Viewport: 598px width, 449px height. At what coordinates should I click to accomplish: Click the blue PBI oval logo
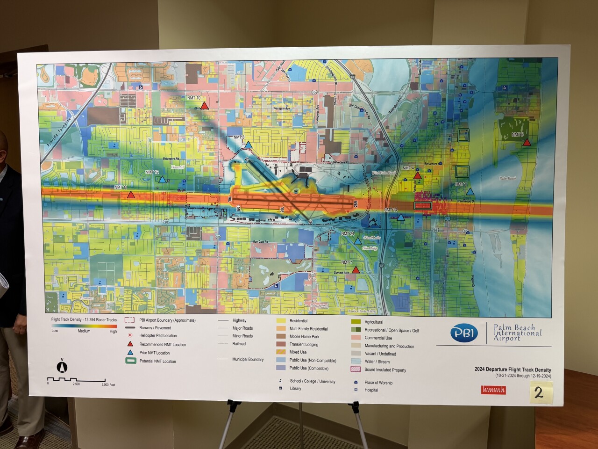464,333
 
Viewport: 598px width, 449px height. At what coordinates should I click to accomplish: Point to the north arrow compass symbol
62,367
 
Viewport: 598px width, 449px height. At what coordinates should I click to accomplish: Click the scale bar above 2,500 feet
76,379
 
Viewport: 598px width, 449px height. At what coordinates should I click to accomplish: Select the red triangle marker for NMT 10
204,105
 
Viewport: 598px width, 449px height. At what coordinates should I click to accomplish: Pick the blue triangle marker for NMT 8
248,145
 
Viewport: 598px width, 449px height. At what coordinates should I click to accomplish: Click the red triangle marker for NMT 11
131,195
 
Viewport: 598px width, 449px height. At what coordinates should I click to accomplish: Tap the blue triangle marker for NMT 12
162,179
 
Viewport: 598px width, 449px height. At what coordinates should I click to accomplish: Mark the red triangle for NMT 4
418,175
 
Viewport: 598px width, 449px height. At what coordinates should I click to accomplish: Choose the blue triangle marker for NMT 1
470,192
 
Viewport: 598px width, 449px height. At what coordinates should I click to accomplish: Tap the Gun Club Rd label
262,241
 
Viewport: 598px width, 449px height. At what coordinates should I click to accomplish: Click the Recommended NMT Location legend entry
162,345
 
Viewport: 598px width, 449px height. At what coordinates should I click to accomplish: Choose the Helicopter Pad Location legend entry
158,336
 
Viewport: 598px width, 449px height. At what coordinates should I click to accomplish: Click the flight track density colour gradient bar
84,326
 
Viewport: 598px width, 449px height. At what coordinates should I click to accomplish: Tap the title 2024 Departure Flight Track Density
513,370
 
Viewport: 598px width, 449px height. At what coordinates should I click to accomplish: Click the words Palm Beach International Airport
517,333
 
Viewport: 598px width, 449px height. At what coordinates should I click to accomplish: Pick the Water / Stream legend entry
377,362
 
